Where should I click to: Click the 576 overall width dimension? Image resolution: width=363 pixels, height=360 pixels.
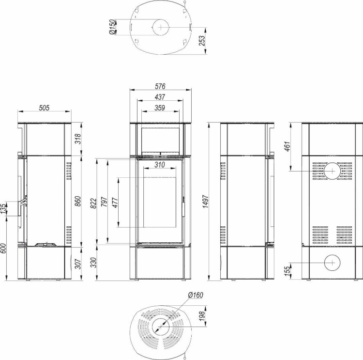(x=160, y=86)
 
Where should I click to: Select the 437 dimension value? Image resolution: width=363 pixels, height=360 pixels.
(x=160, y=97)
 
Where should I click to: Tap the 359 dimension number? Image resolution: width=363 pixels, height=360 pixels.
(x=160, y=108)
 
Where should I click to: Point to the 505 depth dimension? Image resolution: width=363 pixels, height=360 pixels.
(x=44, y=108)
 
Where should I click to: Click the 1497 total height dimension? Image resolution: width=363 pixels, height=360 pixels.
(x=206, y=202)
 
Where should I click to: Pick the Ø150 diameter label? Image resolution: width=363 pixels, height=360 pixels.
(x=112, y=27)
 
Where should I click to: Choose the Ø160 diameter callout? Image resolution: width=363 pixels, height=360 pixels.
(x=196, y=295)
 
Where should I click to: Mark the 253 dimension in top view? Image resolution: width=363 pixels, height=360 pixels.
(x=202, y=41)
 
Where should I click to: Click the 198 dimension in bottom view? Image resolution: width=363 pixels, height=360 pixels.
(x=202, y=316)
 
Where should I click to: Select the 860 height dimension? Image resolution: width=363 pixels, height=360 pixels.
(x=78, y=201)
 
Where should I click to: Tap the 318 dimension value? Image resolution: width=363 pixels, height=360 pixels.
(x=78, y=139)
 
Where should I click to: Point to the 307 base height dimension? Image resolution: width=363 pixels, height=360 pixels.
(x=78, y=264)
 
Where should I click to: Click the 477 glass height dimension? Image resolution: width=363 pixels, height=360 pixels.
(x=115, y=203)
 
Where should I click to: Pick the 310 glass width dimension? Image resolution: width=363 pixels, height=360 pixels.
(x=160, y=165)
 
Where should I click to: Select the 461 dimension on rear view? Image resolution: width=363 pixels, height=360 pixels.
(x=287, y=146)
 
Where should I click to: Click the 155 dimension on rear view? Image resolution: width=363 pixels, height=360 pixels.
(x=287, y=271)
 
